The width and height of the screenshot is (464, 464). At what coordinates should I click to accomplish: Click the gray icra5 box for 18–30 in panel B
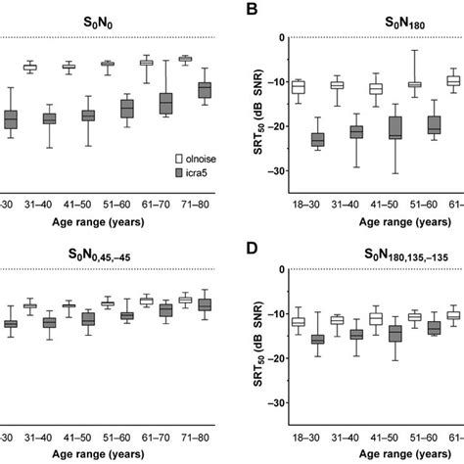point(316,140)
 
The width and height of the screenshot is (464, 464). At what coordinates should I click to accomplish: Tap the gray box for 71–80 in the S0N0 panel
point(204,90)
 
